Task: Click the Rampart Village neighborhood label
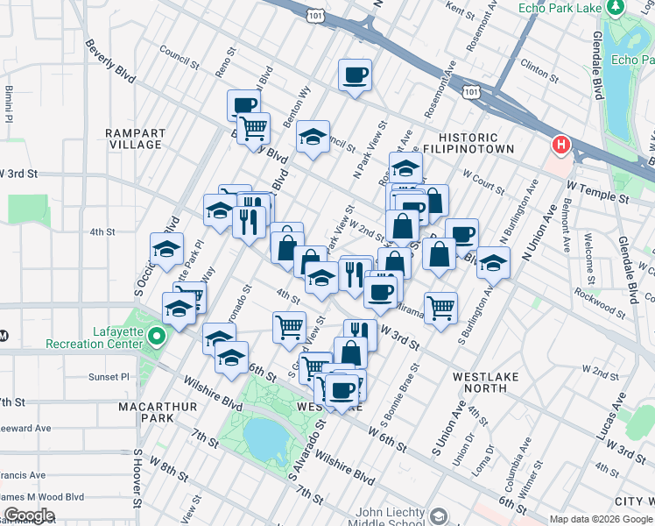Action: pyautogui.click(x=135, y=139)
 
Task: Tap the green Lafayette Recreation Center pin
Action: pyautogui.click(x=156, y=336)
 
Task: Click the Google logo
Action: pyautogui.click(x=29, y=515)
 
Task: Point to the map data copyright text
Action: pyautogui.click(x=601, y=519)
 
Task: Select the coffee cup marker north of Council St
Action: pyautogui.click(x=355, y=75)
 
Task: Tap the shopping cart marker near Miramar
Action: pyautogui.click(x=440, y=308)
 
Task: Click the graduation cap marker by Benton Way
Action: pyautogui.click(x=313, y=138)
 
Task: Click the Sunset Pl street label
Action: pyautogui.click(x=109, y=377)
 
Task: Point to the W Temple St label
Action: pyautogui.click(x=597, y=194)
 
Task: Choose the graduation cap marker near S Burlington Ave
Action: pyautogui.click(x=493, y=262)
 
